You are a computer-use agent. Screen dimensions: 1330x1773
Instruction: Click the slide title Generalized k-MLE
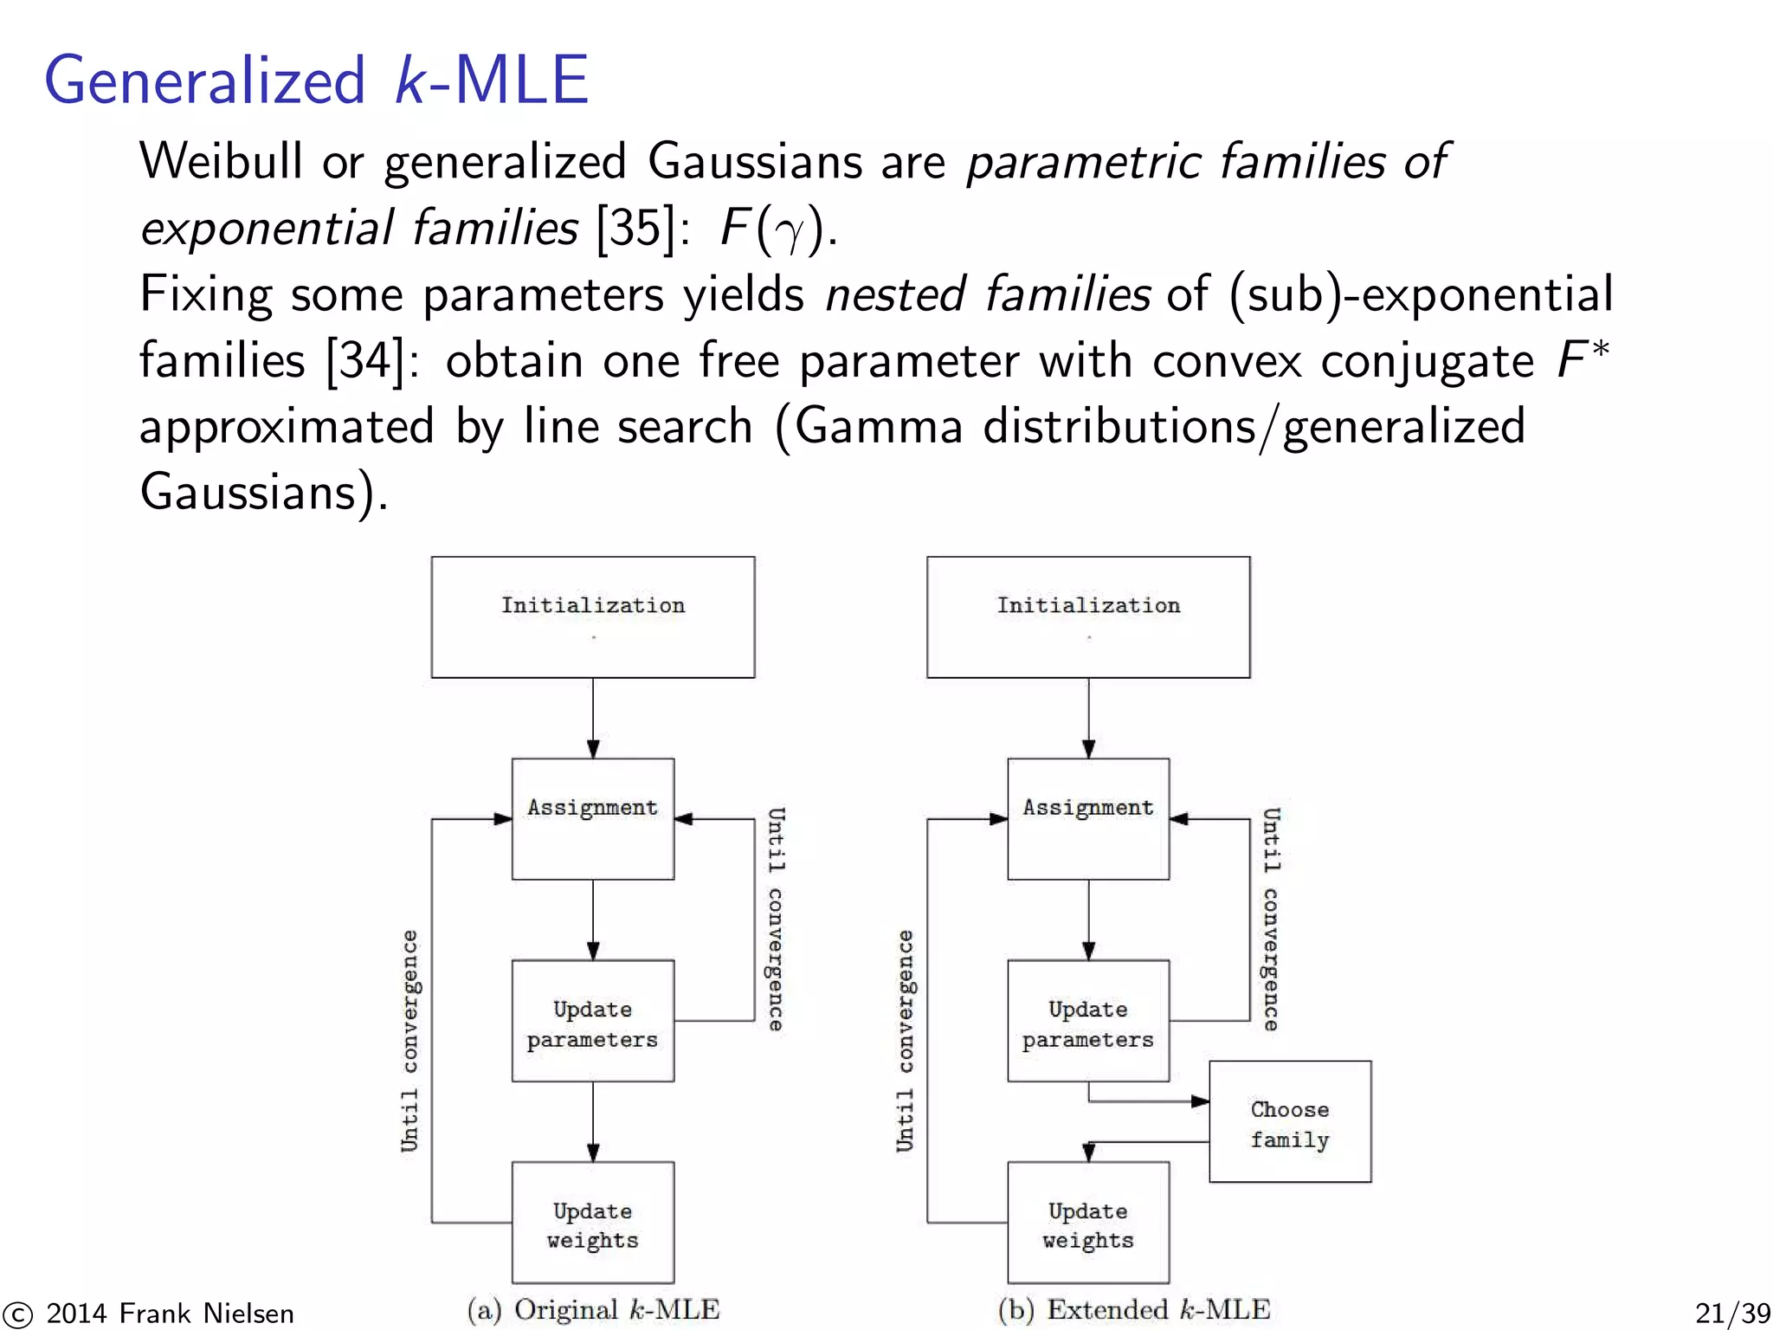[316, 81]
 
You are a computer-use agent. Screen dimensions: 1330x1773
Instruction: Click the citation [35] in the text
[635, 228]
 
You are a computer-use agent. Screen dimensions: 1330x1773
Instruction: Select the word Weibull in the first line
[221, 161]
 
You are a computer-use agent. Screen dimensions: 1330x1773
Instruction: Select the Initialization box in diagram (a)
[593, 617]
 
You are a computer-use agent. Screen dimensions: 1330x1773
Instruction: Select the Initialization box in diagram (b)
[1088, 617]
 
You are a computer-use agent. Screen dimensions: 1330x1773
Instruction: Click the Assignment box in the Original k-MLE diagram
[593, 819]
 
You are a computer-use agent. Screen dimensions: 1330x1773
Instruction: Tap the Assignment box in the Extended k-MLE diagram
[1088, 819]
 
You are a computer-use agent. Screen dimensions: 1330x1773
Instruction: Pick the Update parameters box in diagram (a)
[593, 1021]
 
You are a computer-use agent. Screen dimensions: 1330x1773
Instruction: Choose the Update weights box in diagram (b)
[1088, 1223]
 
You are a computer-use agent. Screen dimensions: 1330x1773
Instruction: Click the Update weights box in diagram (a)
[593, 1223]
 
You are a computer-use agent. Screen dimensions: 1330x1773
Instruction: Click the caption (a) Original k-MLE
[593, 1309]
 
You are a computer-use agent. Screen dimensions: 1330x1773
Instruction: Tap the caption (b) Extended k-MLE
[1133, 1309]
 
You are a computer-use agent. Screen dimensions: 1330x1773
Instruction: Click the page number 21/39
[1731, 1314]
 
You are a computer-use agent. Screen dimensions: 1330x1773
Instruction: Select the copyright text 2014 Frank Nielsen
[170, 1314]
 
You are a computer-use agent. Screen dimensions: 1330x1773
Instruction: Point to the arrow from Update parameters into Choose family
[1151, 1101]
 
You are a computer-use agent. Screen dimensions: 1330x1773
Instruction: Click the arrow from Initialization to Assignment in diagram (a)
[593, 719]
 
